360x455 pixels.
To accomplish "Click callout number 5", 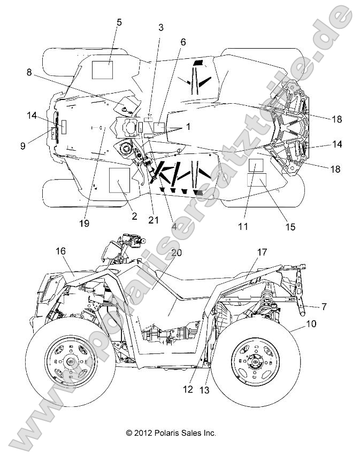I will [119, 22].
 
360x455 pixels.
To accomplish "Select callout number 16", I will [61, 250].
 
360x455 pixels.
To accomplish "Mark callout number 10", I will [310, 323].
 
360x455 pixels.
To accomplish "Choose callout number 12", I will [188, 390].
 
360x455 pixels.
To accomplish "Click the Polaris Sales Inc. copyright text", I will [171, 433].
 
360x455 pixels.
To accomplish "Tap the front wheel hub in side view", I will [71, 364].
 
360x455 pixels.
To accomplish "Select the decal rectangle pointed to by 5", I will [102, 70].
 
